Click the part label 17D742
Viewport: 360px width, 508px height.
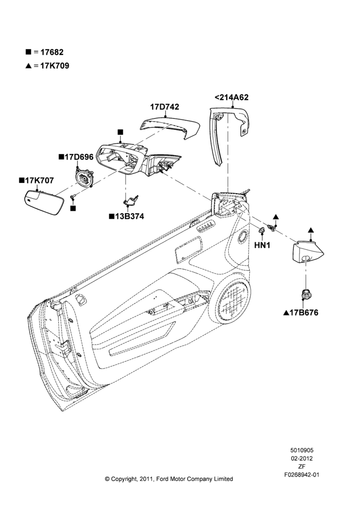164,107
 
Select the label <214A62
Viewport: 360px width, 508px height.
231,97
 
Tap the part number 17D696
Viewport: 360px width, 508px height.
79,157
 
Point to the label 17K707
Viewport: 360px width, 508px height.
39,180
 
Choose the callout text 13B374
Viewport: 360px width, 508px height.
129,216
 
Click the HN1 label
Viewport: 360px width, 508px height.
262,245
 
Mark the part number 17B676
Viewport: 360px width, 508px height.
304,312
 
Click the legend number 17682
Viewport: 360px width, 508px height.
52,52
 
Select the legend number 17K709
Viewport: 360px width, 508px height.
55,66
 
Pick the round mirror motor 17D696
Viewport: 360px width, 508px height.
84,177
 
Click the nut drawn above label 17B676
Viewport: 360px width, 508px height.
305,294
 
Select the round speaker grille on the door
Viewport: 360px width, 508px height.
233,300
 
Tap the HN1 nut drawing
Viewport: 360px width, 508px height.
261,231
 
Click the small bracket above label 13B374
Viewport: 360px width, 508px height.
131,201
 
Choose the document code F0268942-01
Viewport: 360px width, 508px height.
302,474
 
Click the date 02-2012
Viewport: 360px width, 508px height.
302,458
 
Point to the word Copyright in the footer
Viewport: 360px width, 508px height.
123,479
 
